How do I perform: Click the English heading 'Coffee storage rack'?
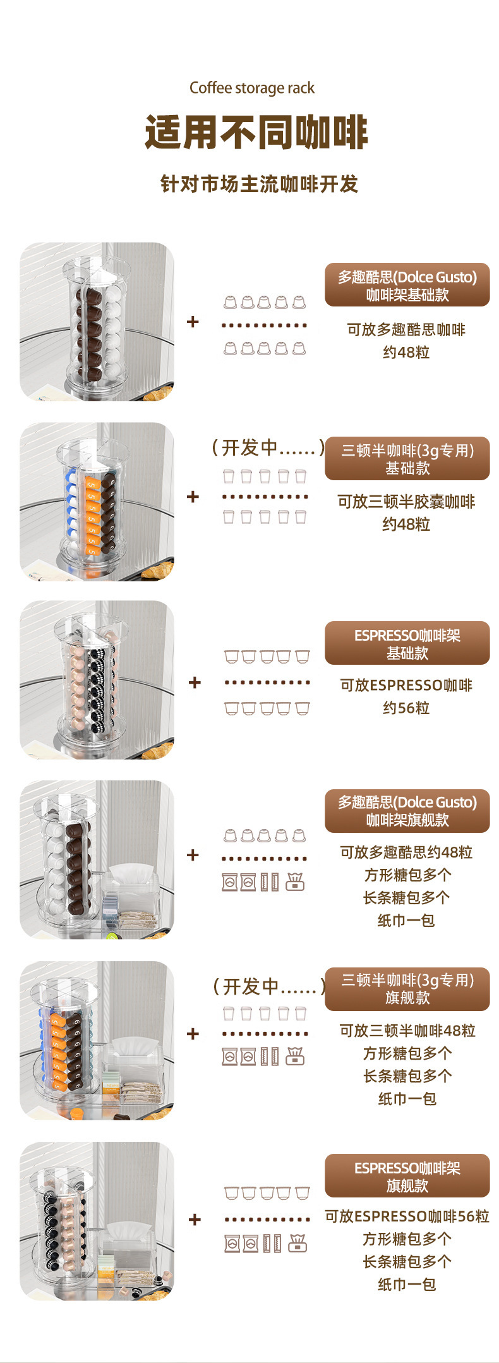point(251,88)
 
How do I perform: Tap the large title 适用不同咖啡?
point(256,133)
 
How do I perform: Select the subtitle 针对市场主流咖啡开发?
point(259,184)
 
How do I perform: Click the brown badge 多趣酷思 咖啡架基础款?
point(407,285)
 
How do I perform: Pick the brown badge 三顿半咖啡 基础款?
point(407,459)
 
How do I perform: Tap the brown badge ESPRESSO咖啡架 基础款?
point(407,643)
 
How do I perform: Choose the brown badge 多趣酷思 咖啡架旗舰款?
point(407,811)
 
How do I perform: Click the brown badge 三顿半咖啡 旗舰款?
point(407,989)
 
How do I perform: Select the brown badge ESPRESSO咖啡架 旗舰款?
point(407,1176)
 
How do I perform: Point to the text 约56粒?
point(406,708)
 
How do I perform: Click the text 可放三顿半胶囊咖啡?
point(406,502)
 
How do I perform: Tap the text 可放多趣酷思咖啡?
point(406,329)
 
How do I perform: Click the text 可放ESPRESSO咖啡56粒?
point(407,1216)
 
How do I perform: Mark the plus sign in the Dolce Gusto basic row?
point(193,322)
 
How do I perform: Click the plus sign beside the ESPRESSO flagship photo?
point(195,1219)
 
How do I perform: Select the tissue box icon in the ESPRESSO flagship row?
point(297,1244)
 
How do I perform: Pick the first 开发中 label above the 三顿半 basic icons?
point(268,447)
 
